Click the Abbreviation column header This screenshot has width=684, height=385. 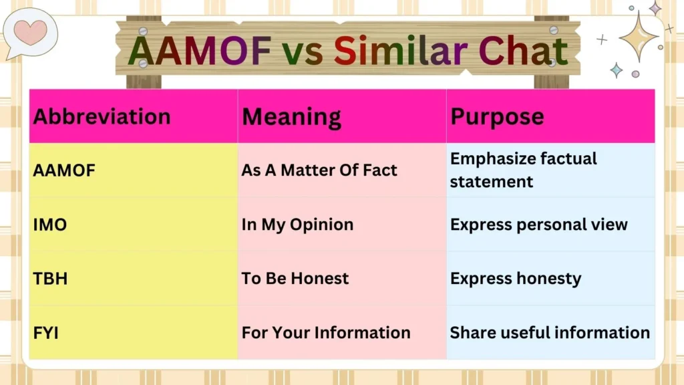click(x=102, y=116)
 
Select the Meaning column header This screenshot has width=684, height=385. click(x=291, y=116)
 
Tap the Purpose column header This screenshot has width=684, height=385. click(x=497, y=116)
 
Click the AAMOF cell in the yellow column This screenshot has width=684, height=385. click(x=65, y=170)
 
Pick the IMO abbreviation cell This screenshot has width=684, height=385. click(x=50, y=225)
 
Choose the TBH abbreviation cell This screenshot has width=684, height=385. click(x=50, y=278)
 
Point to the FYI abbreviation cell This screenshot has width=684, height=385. click(x=46, y=332)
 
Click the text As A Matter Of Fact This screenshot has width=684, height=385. click(x=319, y=170)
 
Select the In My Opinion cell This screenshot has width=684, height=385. click(x=297, y=225)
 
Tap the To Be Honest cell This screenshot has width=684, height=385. click(x=295, y=278)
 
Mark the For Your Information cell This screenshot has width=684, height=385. click(x=326, y=332)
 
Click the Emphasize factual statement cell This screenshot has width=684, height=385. click(x=524, y=170)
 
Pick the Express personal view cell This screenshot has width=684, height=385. click(x=539, y=225)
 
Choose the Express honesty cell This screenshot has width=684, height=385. click(x=516, y=278)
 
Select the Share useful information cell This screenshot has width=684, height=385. click(x=550, y=332)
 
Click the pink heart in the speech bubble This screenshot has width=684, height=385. click(x=30, y=31)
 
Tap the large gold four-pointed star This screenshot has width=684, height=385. click(x=639, y=36)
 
